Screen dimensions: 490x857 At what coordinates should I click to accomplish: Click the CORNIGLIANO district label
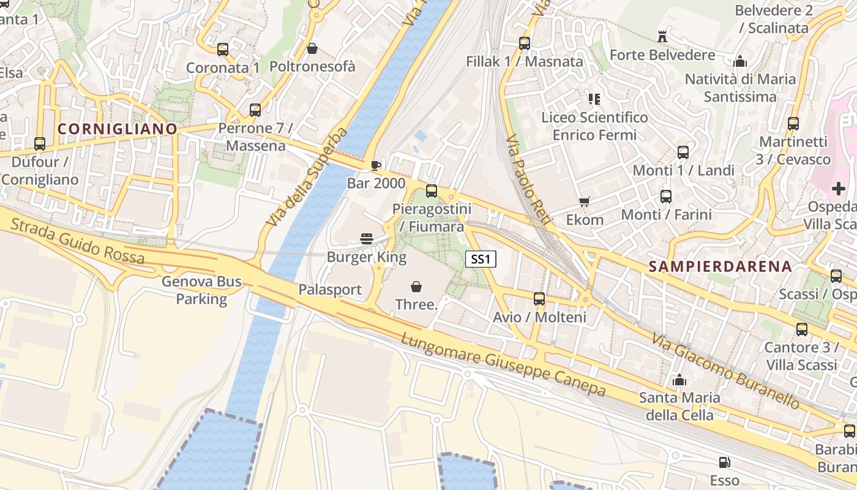[x=118, y=129]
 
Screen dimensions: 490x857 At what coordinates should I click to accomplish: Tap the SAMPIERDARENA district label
[x=720, y=266]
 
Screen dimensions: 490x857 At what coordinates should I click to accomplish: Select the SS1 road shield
[x=481, y=259]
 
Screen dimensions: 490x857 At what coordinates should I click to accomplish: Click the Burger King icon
[x=367, y=238]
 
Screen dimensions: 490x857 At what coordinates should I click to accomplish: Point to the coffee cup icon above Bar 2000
[x=376, y=165]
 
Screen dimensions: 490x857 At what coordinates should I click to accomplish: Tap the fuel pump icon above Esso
[x=724, y=462]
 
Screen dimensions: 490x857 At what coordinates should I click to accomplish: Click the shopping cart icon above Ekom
[x=585, y=202]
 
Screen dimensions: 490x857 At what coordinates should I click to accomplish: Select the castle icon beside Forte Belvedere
[x=662, y=37]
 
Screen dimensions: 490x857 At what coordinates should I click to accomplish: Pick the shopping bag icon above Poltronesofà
[x=312, y=48]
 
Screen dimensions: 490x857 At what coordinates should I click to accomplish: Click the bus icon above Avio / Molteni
[x=539, y=299]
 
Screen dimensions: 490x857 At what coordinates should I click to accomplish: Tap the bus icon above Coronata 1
[x=223, y=50]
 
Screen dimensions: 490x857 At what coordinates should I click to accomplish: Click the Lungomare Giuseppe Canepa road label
[x=503, y=365]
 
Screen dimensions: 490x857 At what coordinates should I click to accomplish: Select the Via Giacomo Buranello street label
[x=725, y=371]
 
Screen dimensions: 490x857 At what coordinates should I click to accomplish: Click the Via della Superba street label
[x=307, y=177]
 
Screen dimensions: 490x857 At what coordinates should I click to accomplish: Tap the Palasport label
[x=330, y=290]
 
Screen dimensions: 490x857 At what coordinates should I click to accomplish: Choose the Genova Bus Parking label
[x=201, y=290]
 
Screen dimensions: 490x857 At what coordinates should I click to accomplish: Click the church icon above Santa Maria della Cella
[x=679, y=380]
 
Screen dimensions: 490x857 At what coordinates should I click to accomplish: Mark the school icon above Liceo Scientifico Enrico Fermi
[x=594, y=99]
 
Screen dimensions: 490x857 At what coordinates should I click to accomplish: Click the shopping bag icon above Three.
[x=416, y=286]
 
